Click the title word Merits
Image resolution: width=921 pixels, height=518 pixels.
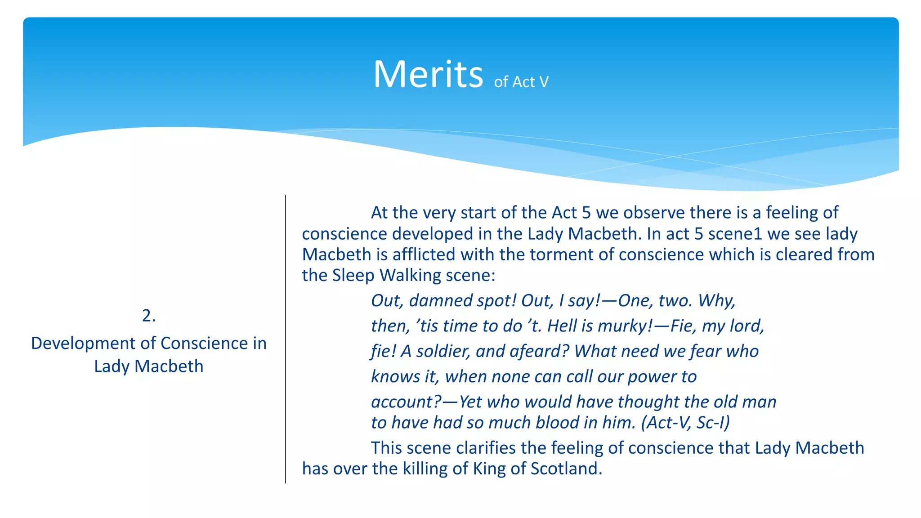click(x=428, y=74)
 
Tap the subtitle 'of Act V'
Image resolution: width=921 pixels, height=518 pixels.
click(x=521, y=82)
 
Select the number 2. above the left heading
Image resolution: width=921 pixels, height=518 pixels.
click(x=149, y=316)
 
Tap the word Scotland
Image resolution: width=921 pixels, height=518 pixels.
click(x=566, y=469)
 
